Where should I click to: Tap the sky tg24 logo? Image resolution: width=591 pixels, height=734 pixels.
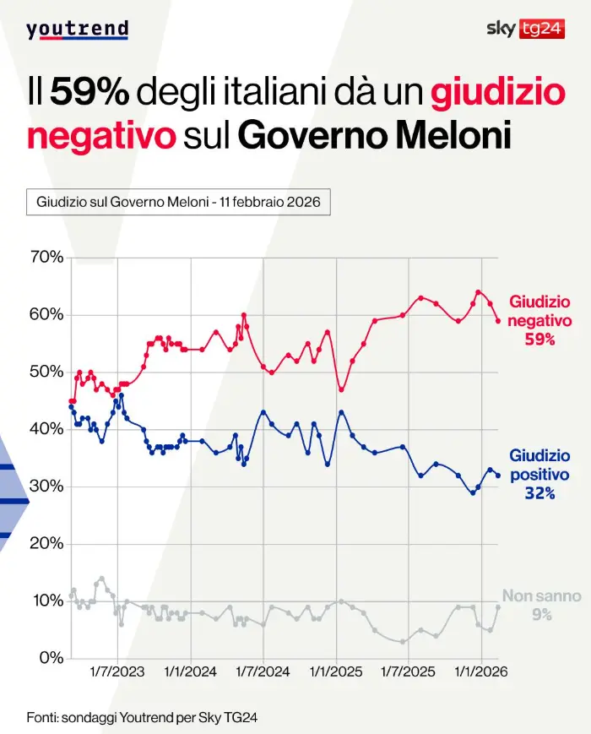tap(525, 29)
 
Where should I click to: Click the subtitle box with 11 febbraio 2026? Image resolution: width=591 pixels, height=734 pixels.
tap(178, 203)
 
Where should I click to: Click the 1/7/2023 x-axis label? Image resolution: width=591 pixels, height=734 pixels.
tap(117, 672)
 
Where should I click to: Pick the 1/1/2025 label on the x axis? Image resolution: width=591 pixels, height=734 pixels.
tap(337, 672)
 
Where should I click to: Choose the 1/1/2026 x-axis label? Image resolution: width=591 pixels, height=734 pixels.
tap(481, 672)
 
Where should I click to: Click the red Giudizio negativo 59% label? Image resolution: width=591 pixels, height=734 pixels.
tap(539, 321)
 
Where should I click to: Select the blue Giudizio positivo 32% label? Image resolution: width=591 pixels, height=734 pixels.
tap(539, 475)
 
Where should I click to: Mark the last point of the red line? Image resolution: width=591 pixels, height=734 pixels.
tap(498, 321)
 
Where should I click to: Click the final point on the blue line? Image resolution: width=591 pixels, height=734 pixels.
tap(498, 476)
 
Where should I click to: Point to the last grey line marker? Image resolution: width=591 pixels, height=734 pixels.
tap(498, 607)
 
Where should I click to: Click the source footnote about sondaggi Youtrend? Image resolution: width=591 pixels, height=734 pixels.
tap(142, 717)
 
